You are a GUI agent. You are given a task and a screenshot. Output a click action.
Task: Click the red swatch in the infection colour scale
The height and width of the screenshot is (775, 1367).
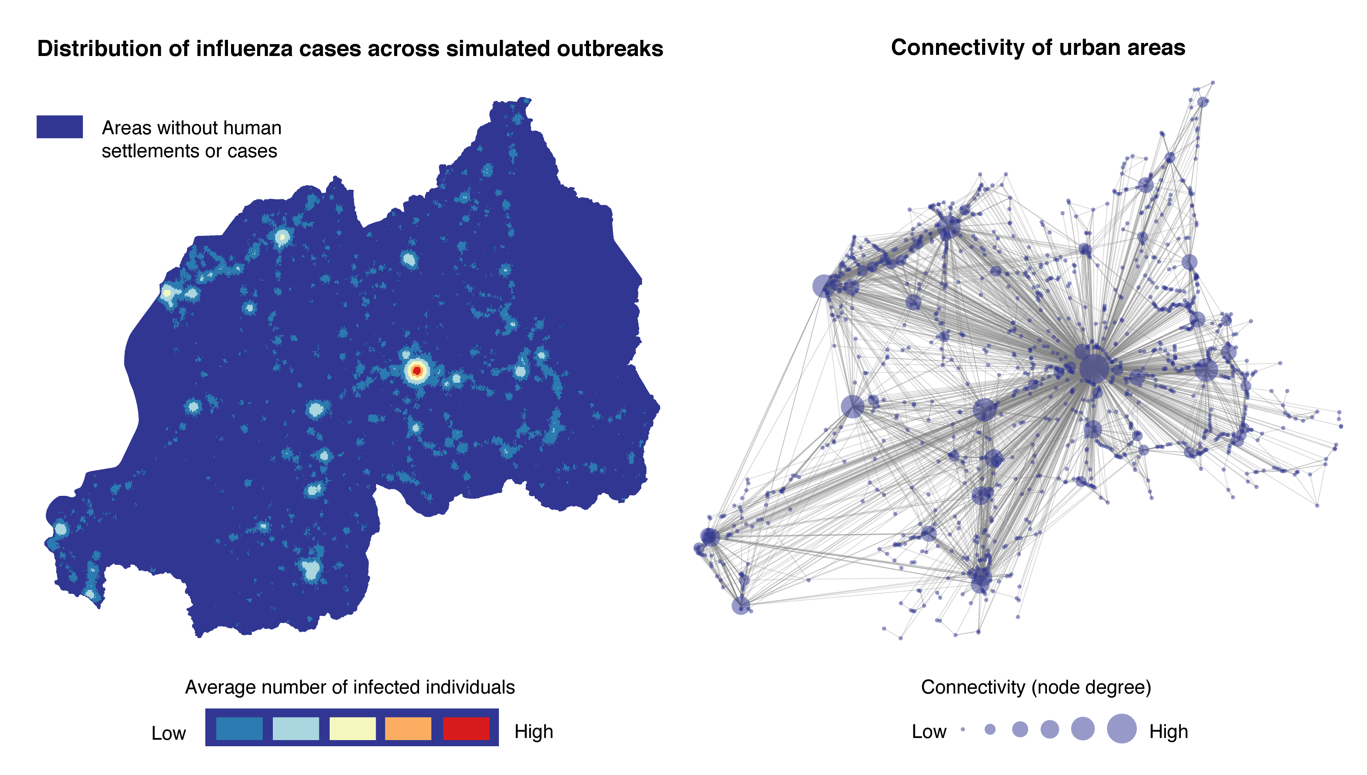[466, 728]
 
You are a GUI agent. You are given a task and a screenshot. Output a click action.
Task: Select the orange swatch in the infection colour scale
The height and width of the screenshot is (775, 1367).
[408, 728]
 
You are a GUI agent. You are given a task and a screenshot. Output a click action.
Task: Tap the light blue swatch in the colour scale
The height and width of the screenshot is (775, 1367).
[296, 728]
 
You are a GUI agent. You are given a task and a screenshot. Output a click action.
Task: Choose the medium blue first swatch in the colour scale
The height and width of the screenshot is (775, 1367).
[239, 728]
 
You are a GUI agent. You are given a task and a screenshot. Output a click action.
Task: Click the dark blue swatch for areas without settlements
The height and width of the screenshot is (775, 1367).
[59, 127]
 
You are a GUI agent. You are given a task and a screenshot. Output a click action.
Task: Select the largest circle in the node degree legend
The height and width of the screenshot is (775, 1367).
[1121, 729]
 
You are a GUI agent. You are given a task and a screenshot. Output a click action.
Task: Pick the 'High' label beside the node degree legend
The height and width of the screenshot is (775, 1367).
[1168, 731]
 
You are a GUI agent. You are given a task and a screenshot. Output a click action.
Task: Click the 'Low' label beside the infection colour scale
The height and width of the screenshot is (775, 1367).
[168, 733]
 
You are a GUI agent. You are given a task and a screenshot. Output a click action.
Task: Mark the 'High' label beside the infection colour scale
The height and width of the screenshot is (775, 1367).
[533, 731]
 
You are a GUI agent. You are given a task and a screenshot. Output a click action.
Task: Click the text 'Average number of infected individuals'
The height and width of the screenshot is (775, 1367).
[349, 687]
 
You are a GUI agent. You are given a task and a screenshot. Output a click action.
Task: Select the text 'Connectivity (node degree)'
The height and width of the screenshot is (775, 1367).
[1036, 687]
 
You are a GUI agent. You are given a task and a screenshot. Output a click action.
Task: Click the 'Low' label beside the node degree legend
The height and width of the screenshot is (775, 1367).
[929, 731]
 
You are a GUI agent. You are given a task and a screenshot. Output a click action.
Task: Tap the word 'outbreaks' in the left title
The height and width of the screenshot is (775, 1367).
[609, 48]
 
